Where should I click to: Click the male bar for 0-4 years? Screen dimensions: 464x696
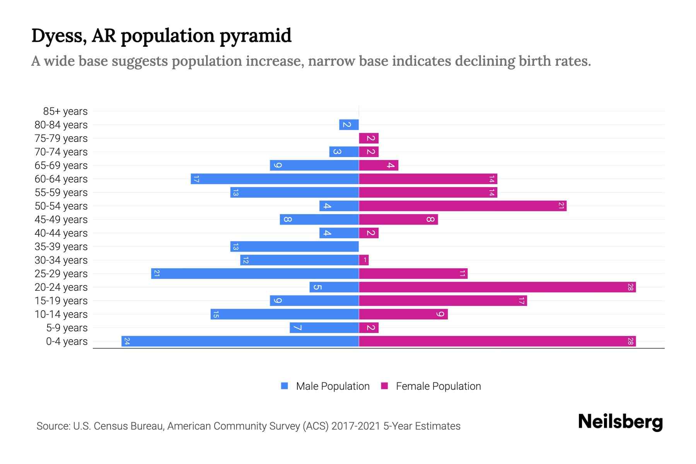[240, 341]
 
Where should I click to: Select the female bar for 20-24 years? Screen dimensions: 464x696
[497, 287]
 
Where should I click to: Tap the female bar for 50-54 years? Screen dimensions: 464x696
[462, 206]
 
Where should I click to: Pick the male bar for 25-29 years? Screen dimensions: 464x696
[255, 273]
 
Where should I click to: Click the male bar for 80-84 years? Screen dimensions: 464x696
[349, 125]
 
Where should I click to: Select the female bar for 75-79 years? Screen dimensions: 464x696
[368, 138]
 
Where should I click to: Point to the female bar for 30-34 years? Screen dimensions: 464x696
[364, 260]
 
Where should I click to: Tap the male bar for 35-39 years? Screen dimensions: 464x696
[295, 246]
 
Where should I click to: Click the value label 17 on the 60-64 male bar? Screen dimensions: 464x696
[196, 179]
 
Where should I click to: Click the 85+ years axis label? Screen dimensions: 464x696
[65, 111]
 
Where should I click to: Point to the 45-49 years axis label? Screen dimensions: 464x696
[61, 220]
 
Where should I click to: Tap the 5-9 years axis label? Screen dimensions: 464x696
[67, 328]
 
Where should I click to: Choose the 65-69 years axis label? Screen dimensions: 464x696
[61, 165]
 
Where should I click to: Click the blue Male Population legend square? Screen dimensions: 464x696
[285, 386]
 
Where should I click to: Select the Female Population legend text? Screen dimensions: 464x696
[438, 386]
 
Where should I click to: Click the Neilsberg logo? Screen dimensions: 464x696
[620, 422]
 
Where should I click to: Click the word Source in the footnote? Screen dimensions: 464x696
[53, 426]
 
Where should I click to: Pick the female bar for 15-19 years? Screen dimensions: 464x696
[443, 300]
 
